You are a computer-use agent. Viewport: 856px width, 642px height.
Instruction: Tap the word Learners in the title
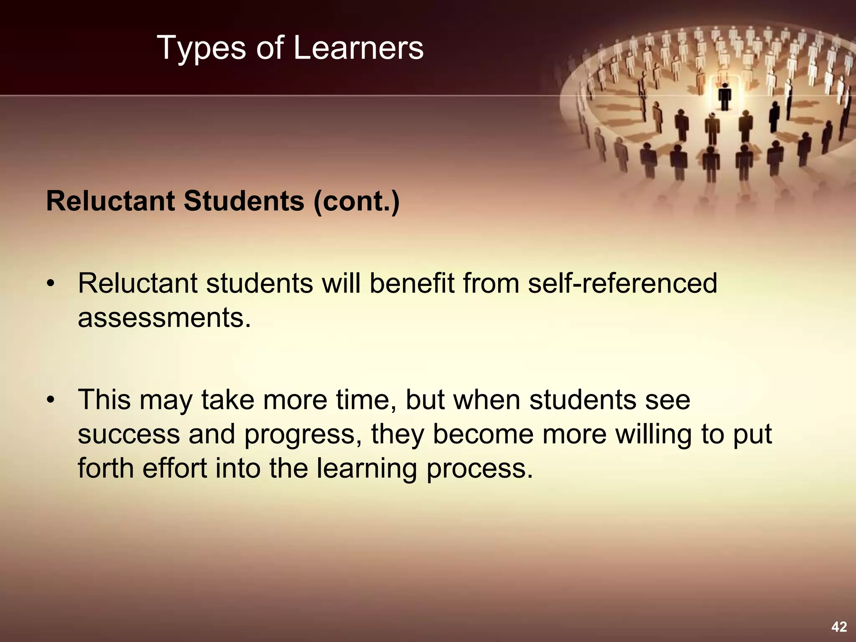358,48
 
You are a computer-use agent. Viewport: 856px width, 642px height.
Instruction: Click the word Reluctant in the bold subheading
111,201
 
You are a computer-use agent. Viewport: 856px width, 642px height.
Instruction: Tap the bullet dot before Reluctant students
51,284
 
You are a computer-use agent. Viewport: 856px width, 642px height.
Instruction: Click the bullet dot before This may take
51,400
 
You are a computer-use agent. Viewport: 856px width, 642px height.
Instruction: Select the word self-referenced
622,283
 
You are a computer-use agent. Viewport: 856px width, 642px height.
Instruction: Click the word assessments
164,318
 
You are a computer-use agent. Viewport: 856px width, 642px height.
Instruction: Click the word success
129,434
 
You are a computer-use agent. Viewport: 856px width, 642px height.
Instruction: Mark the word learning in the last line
367,469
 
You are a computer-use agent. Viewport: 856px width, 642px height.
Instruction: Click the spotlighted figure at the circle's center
725,96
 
